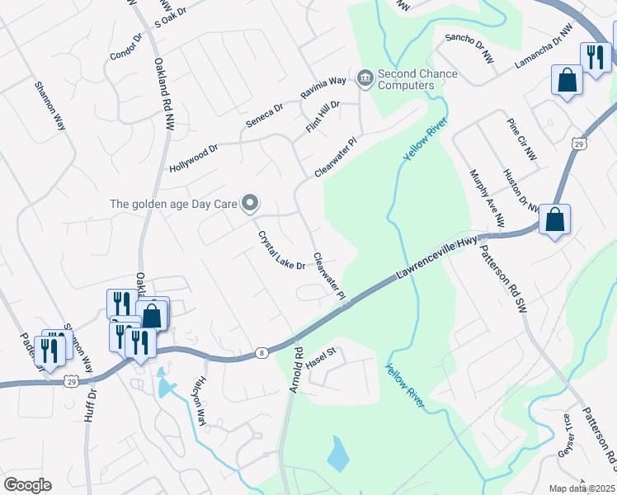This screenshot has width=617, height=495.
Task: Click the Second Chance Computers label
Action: [x=417, y=79]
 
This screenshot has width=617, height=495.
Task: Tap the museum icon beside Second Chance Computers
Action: [x=365, y=78]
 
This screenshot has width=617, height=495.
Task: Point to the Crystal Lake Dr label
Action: [x=281, y=250]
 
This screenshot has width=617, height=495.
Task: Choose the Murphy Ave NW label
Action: [x=487, y=199]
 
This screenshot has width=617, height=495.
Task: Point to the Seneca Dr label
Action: [x=264, y=115]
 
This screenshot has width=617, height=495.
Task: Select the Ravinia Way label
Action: [x=323, y=88]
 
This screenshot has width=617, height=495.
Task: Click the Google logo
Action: [x=27, y=485]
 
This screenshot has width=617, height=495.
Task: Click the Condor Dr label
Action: [x=125, y=46]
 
